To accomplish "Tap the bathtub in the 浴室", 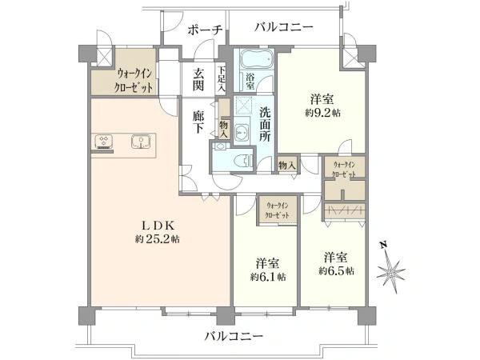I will pos(254,60).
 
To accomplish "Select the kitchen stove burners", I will pos(105,143).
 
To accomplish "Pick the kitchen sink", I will pos(142,143).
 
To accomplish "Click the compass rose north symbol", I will pos(393,268).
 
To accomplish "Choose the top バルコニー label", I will pos(284,27).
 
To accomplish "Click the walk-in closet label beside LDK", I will pos(122,80).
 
